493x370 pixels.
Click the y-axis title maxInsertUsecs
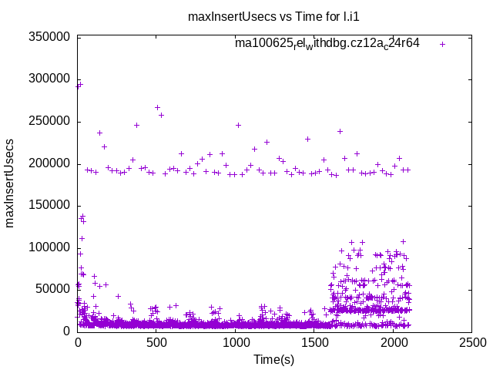pyautogui.click(x=10, y=183)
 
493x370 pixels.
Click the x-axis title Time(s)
pyautogui.click(x=274, y=359)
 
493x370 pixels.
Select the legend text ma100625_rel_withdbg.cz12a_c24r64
pyautogui.click(x=327, y=43)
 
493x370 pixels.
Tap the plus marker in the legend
pyautogui.click(x=442, y=44)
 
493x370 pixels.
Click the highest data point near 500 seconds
pyautogui.click(x=157, y=107)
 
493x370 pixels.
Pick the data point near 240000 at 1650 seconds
pyautogui.click(x=340, y=131)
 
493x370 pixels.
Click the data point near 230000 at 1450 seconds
pyautogui.click(x=307, y=139)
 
